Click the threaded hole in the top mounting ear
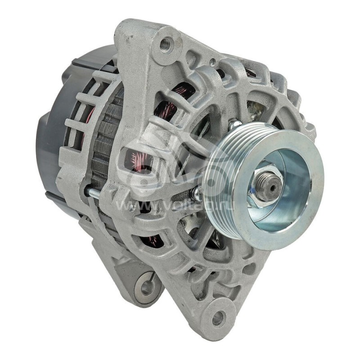point(166,44)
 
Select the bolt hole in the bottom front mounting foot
point(218,318)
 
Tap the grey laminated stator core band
point(106,139)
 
